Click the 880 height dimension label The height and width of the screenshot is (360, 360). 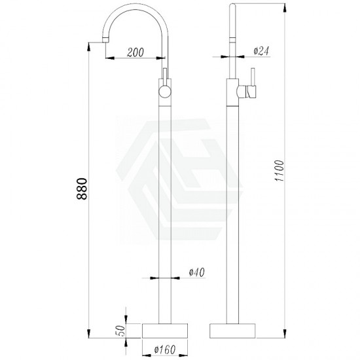click(x=82, y=189)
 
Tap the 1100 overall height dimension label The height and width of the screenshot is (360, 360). click(x=279, y=171)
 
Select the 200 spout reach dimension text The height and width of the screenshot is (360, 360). click(x=135, y=52)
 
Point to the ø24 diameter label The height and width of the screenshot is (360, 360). click(x=261, y=51)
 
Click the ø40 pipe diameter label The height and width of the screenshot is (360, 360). click(x=197, y=272)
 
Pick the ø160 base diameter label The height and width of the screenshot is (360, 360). click(x=165, y=350)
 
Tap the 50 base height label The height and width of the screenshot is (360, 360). click(x=121, y=331)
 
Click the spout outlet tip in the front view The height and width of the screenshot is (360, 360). click(x=105, y=41)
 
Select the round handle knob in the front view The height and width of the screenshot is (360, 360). click(x=165, y=91)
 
